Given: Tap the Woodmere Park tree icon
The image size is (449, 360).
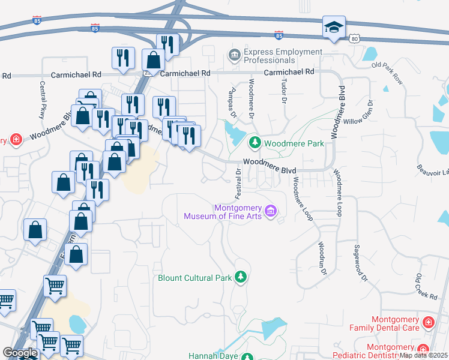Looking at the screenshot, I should point(255,143).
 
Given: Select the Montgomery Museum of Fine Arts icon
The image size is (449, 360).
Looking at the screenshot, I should point(271,211).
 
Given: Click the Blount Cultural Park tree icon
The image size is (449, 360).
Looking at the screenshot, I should point(241,277).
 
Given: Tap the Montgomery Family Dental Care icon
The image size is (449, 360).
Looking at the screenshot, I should point(428,322).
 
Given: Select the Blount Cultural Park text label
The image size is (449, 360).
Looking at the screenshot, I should point(196,278).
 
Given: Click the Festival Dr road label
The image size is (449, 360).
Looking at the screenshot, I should point(238,183).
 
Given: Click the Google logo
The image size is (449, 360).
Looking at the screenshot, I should point(20,353).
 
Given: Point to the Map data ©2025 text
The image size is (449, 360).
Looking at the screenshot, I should point(424,355).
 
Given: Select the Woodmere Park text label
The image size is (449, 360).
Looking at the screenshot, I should point(294,143).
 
